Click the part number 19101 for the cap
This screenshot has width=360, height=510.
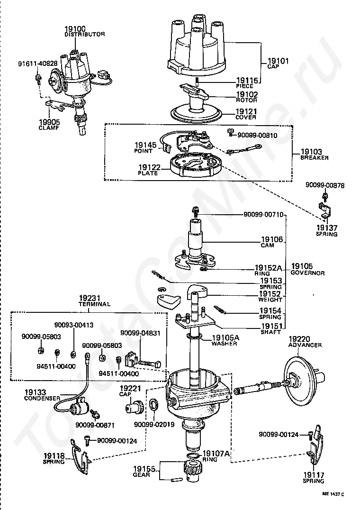278,61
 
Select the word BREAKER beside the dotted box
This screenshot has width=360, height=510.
314,158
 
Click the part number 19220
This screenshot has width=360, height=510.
299,339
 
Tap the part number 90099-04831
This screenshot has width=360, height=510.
140,333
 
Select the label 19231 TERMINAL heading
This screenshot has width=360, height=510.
95,301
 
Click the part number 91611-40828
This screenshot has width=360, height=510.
38,64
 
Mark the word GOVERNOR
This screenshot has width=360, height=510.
307,273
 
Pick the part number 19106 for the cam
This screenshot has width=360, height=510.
272,240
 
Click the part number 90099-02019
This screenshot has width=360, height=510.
154,425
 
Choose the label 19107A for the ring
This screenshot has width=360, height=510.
216,454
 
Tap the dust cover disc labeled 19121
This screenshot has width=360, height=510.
196,113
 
